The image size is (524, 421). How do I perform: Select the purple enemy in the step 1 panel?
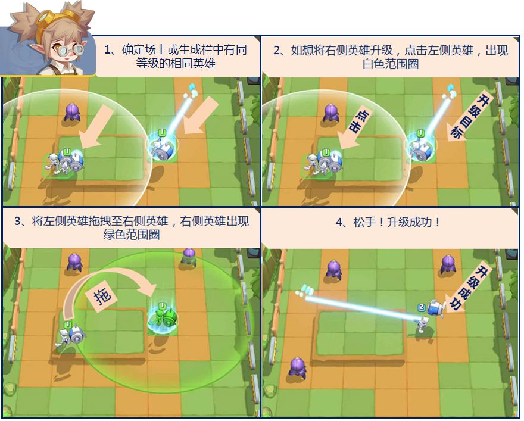pyautogui.click(x=73, y=112)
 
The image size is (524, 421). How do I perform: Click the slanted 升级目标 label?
pyautogui.click(x=472, y=116)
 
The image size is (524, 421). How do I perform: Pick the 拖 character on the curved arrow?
pyautogui.click(x=102, y=295)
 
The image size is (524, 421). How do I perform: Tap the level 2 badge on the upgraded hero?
pyautogui.click(x=422, y=307)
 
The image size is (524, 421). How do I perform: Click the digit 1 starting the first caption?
pyautogui.click(x=108, y=50)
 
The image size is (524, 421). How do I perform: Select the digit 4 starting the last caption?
pyautogui.click(x=339, y=222)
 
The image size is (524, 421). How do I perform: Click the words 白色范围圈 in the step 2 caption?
pyautogui.click(x=391, y=64)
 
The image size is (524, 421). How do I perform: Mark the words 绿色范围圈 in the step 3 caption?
pyautogui.click(x=132, y=235)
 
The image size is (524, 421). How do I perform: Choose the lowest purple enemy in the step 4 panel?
pyautogui.click(x=297, y=367)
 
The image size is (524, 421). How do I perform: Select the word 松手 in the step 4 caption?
pyautogui.click(x=364, y=222)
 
